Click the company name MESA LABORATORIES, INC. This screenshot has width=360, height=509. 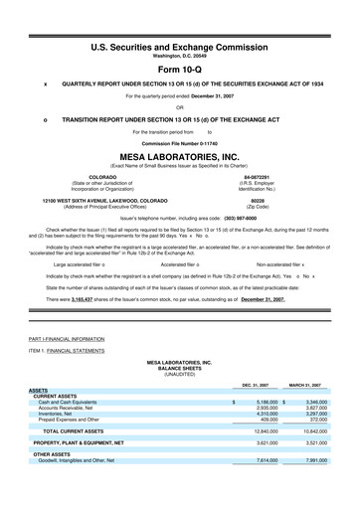pyautogui.click(x=180, y=157)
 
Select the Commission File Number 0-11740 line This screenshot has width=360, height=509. pyautogui.click(x=180, y=143)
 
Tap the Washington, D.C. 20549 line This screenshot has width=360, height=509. pyautogui.click(x=180, y=30)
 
